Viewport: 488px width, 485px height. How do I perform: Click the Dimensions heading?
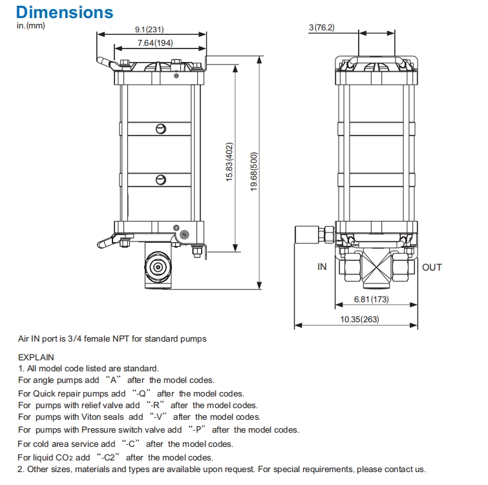(65, 12)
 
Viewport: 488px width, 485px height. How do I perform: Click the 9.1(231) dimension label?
(150, 30)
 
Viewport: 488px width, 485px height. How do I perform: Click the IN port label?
(322, 267)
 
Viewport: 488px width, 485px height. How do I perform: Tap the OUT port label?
(432, 267)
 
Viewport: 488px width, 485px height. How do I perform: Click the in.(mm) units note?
(30, 26)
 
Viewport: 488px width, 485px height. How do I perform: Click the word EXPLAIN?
(36, 356)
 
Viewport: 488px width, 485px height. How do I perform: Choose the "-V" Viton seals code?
(158, 418)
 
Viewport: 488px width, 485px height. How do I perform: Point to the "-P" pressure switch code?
(198, 430)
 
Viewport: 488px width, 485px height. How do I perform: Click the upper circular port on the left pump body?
(160, 129)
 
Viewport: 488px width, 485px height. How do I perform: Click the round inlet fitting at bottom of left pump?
(156, 267)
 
